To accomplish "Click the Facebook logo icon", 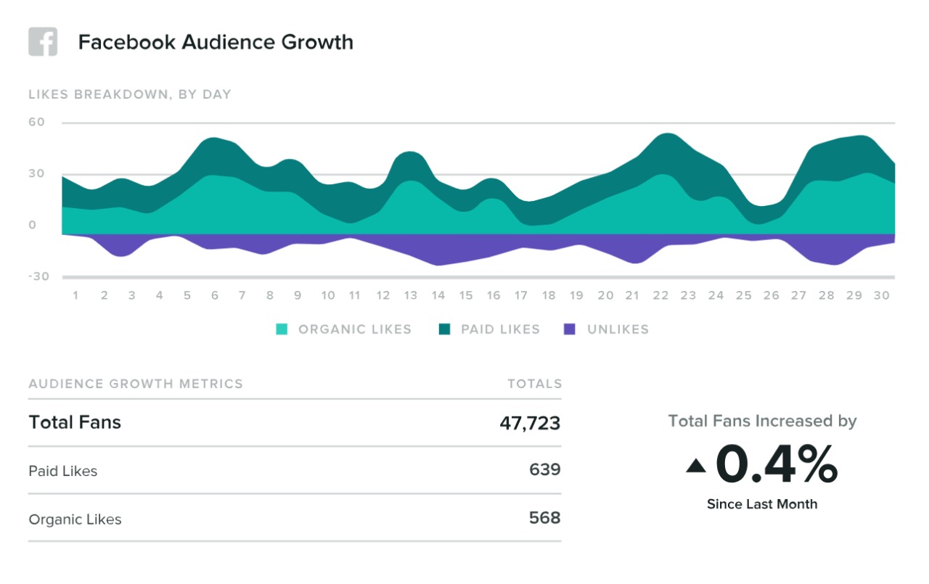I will coord(43,42).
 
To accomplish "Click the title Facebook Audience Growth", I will coord(216,42).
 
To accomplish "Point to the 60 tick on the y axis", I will coord(36,123).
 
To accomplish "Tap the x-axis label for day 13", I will coord(411,296).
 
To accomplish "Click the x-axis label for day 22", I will coord(660,296).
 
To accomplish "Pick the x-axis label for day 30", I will coord(882,296).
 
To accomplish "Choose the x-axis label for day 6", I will coord(215,296).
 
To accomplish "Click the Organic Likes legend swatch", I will coord(282,329).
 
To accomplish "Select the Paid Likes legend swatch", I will coord(444,329).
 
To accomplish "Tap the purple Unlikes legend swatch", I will coord(570,329).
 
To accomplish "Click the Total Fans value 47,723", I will coord(530,423).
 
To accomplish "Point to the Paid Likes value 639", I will coord(545,470).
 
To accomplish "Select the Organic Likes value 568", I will coord(545,518).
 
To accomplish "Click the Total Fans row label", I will coord(75,422).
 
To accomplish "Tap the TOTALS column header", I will coord(535,384).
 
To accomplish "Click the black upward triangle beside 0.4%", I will coord(695,466).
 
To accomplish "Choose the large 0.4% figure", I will coord(777,465).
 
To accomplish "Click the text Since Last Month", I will coord(762,504).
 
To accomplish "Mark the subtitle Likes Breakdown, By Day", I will coord(130,94).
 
